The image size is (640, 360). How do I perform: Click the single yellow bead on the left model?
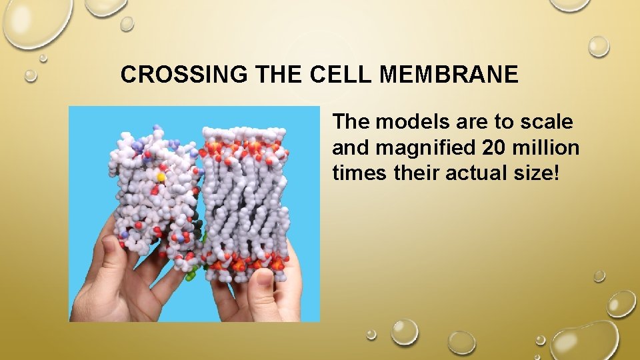pos(161,177)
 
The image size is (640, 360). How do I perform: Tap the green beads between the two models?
pos(192,273)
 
